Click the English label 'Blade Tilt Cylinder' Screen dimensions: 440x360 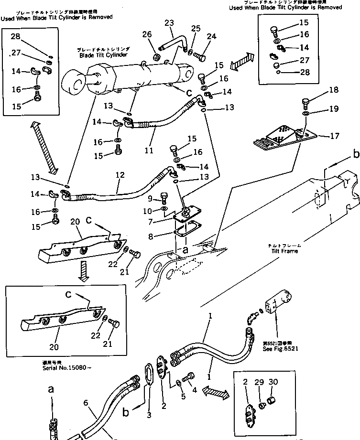[x=103, y=55]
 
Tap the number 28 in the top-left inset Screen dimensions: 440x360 [x=16, y=36]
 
